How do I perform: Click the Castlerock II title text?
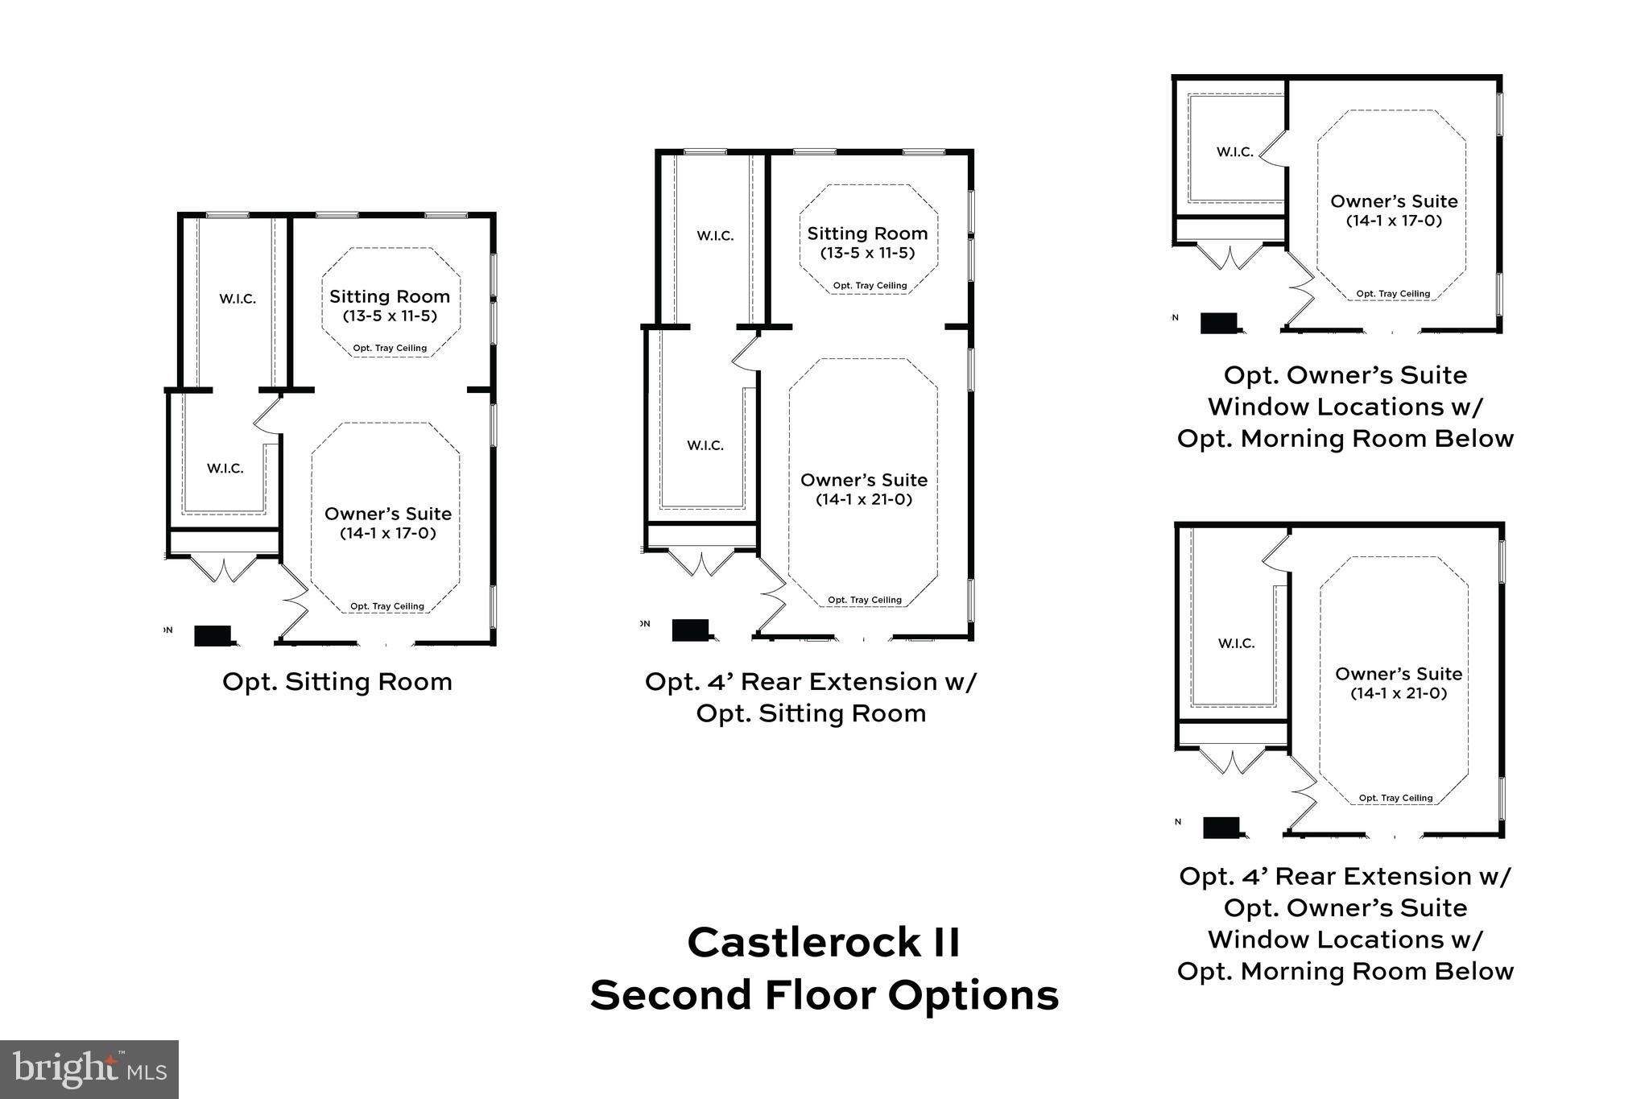tap(824, 942)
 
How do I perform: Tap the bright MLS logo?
tap(89, 1069)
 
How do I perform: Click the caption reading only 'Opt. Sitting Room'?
tap(337, 682)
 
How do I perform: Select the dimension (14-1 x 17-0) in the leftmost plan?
tap(388, 533)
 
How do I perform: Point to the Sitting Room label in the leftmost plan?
tap(390, 296)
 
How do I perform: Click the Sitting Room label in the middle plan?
tap(867, 233)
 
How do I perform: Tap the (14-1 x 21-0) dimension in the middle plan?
tap(864, 499)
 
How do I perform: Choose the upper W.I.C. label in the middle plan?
tap(715, 236)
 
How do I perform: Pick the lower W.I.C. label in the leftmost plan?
tap(225, 469)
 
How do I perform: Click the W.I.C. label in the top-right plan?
tap(1234, 152)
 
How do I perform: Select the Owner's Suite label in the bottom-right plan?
tap(1399, 674)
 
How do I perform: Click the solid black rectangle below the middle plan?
tap(690, 630)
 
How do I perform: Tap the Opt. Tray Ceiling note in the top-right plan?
tap(1393, 294)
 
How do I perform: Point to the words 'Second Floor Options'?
tap(824, 995)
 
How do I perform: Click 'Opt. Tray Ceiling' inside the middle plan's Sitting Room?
tap(870, 286)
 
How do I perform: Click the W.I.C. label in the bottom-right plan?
tap(1236, 643)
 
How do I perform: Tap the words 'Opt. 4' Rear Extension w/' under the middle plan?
tap(810, 682)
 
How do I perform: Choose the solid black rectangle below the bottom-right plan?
tap(1221, 828)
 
